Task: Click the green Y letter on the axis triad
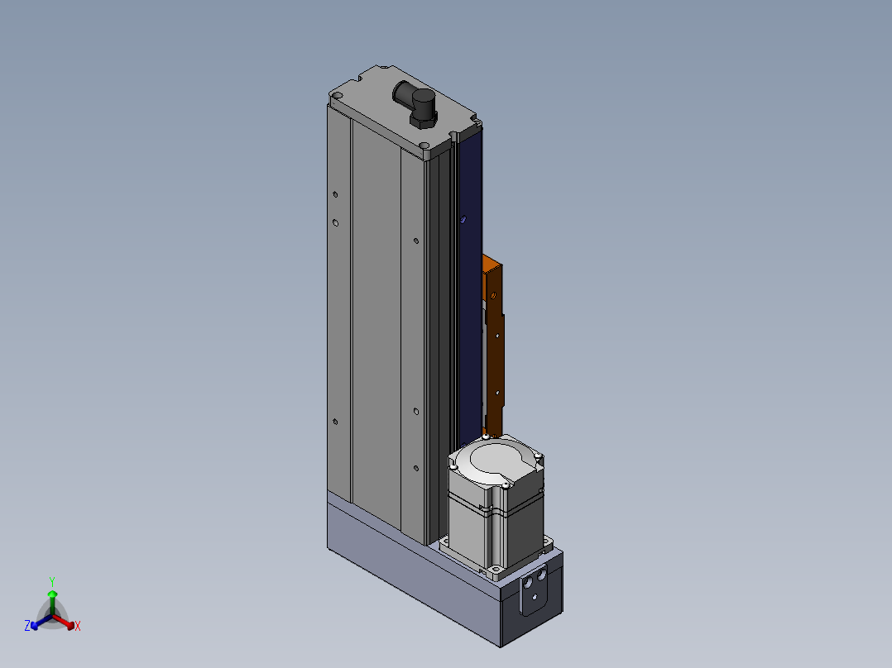click(52, 582)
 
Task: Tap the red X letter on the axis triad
click(78, 626)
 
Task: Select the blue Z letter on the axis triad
click(26, 626)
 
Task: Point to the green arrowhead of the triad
click(52, 594)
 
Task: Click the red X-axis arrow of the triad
click(64, 621)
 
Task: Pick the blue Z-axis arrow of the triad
click(41, 621)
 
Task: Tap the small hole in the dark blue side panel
click(463, 218)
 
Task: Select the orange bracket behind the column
click(492, 341)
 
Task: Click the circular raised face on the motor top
click(495, 459)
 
